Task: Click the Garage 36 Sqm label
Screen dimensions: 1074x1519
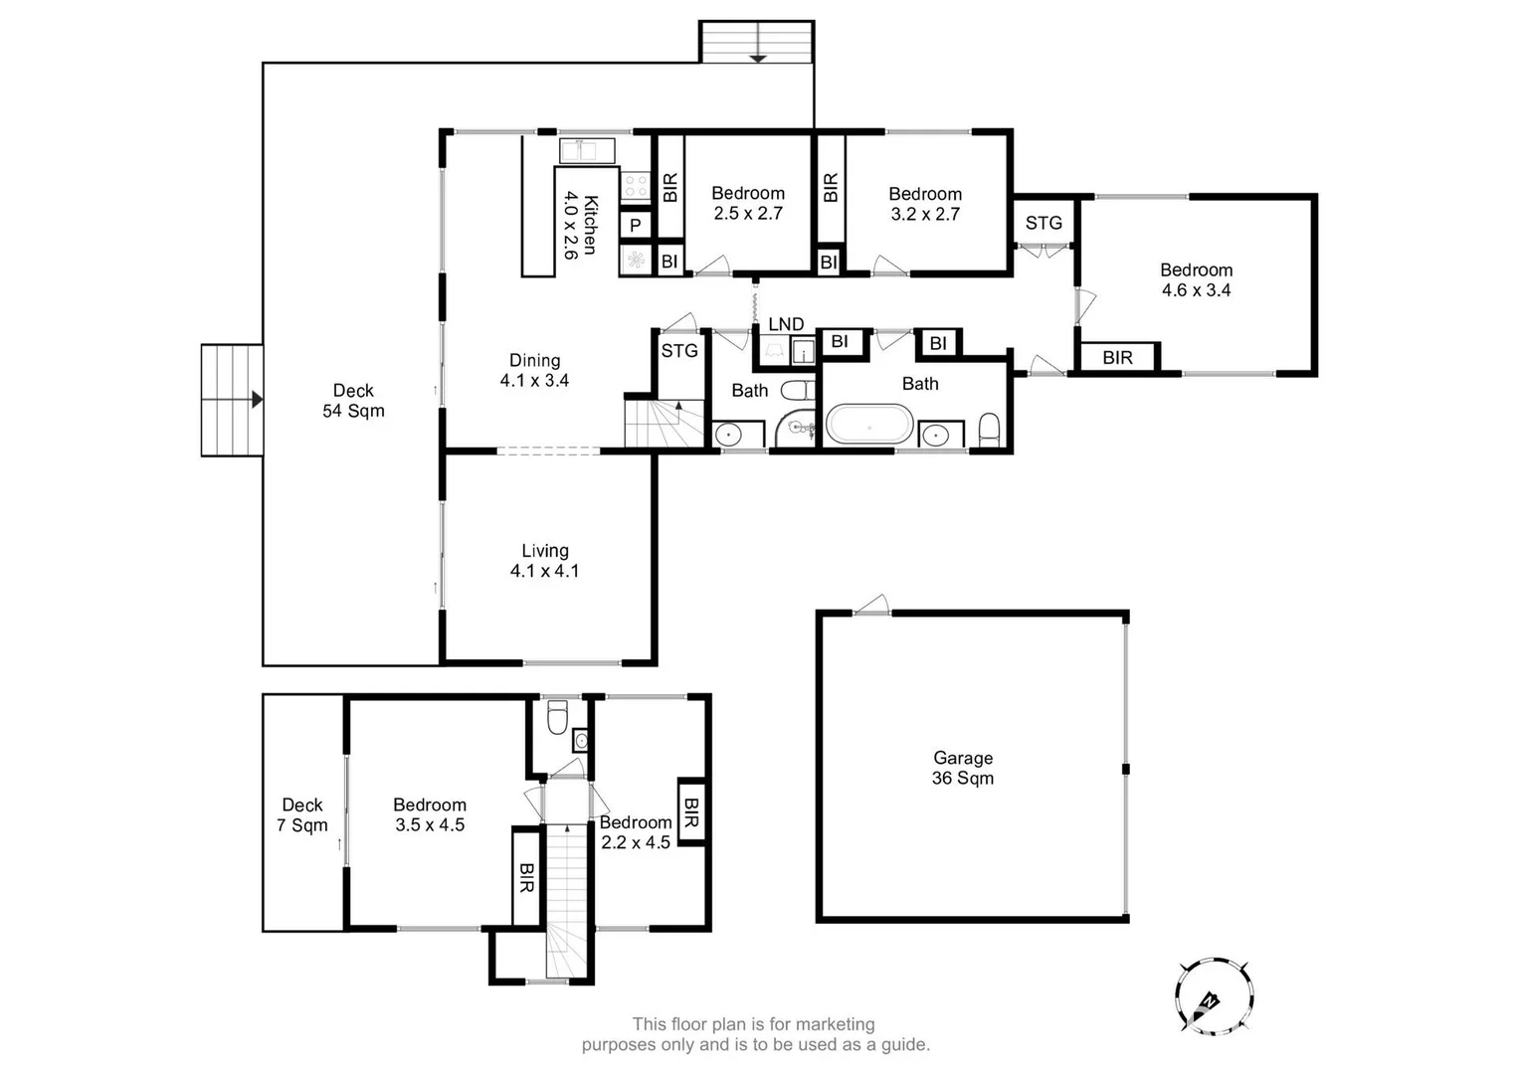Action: click(x=962, y=768)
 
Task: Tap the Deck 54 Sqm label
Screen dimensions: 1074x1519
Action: click(x=353, y=401)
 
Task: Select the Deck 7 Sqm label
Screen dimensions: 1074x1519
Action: click(x=301, y=814)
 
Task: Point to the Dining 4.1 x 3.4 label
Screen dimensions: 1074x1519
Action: click(x=534, y=370)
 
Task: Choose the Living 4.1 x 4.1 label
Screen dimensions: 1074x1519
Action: click(x=544, y=561)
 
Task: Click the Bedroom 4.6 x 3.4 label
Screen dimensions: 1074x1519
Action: click(x=1196, y=279)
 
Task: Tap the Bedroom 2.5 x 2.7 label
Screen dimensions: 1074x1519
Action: click(x=748, y=203)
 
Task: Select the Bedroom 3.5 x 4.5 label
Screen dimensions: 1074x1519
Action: click(x=429, y=814)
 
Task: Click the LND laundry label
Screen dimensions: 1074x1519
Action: click(x=786, y=324)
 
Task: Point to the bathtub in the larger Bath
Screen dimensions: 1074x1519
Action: click(x=869, y=425)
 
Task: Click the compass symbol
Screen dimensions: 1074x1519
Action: click(x=1213, y=996)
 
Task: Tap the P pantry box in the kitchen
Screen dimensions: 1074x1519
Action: click(x=635, y=226)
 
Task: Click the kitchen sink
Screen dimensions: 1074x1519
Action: click(x=587, y=151)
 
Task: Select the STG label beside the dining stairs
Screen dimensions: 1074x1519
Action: click(x=679, y=350)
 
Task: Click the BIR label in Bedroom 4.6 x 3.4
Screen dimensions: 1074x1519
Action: click(x=1117, y=357)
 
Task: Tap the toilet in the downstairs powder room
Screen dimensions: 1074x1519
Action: click(x=557, y=715)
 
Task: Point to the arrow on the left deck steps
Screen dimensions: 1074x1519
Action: click(x=256, y=400)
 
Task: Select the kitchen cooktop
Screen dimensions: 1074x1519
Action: click(x=635, y=185)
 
